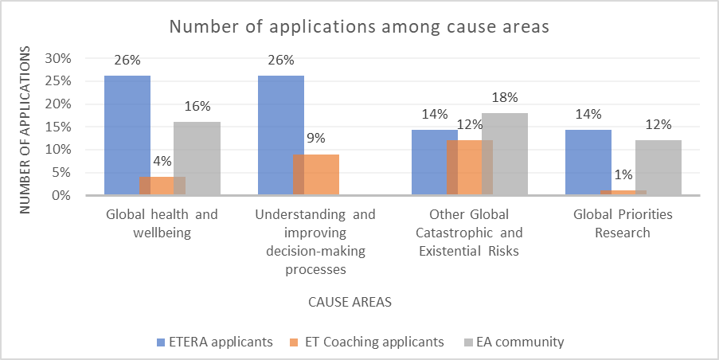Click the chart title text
coord(359,26)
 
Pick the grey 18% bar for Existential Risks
coord(505,154)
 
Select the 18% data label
coord(505,98)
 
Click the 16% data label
coord(197,107)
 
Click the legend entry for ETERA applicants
coord(214,342)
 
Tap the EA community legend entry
coord(514,342)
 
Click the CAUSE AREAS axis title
coord(350,303)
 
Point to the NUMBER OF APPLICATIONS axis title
coord(25,127)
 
